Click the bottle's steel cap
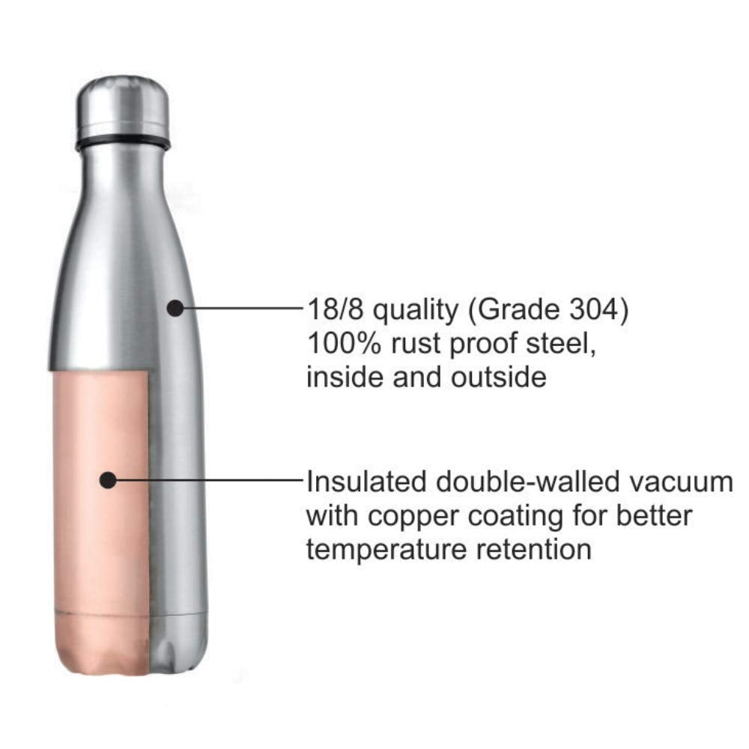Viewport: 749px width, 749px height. click(x=123, y=105)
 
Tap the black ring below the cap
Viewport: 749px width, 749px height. click(x=123, y=142)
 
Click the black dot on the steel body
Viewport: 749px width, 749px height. click(x=175, y=307)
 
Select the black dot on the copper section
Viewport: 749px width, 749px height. click(x=109, y=480)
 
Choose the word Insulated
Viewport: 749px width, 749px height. click(x=363, y=481)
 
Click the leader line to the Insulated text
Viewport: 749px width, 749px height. click(x=210, y=480)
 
